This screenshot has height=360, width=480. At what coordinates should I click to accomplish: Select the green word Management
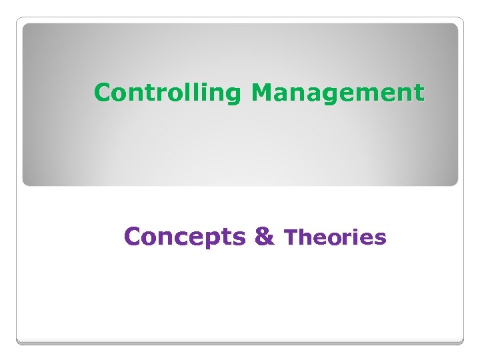(337, 93)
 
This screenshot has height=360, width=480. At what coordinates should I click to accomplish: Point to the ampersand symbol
(264, 236)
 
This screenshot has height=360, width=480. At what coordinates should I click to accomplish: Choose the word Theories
(335, 237)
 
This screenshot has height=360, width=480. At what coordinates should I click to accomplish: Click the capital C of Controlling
(102, 92)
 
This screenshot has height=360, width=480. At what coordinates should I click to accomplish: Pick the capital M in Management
(261, 92)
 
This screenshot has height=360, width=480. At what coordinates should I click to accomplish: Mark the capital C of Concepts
(132, 236)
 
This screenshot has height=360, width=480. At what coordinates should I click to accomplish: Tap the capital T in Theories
(291, 237)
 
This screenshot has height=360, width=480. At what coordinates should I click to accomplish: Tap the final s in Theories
(381, 239)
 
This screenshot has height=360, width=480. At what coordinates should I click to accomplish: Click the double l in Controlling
(193, 92)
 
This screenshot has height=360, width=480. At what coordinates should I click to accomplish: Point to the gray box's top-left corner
(24, 25)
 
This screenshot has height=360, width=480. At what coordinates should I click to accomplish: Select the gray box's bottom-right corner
(457, 185)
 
